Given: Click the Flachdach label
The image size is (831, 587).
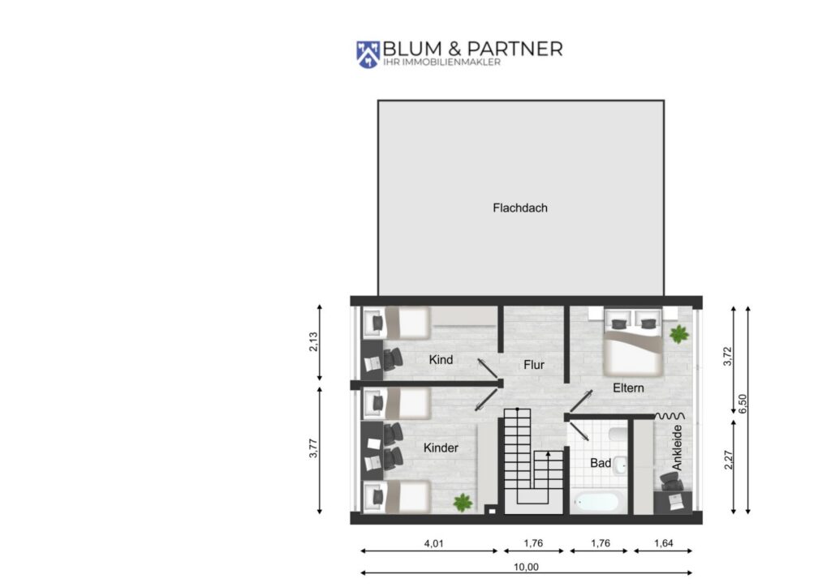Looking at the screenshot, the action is tap(520, 208).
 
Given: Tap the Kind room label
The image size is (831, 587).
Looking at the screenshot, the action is tap(441, 360).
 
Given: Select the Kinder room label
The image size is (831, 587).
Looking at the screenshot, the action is tap(441, 448).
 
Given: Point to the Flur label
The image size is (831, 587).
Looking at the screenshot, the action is tap(534, 365).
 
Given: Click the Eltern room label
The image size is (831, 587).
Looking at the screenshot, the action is tap(628, 388).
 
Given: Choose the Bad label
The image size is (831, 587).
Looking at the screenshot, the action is tap(601, 463).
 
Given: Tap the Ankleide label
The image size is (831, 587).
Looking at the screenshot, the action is tap(677, 448).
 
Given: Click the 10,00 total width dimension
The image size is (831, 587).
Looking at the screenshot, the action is tap(526, 567).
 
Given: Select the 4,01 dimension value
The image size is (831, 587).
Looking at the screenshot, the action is tap(433, 543).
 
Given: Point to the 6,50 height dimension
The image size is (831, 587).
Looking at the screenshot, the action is tap(742, 404).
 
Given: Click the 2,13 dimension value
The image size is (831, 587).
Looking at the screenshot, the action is tap(313, 342).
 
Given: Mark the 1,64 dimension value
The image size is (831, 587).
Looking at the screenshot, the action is tap(664, 543).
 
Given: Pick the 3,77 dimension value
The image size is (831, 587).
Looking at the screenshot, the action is tap(313, 448).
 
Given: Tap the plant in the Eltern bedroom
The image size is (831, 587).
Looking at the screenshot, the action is tap(679, 334).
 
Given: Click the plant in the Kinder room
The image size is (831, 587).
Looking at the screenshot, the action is tap(463, 503).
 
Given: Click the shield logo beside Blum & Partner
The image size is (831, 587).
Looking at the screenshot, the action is tap(368, 54).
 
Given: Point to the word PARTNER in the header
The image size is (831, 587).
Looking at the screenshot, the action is tap(515, 49).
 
